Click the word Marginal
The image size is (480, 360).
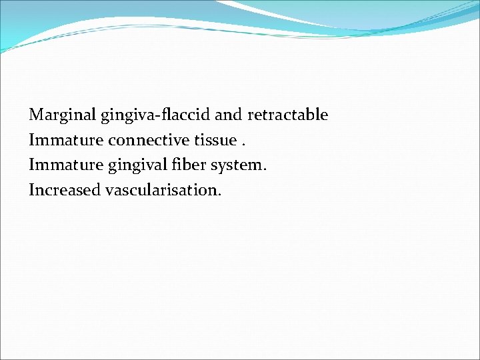point(63,115)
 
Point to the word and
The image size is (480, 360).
point(229,115)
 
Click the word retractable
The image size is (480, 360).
point(288,115)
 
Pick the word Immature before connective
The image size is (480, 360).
point(66,140)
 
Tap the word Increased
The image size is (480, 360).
point(65,190)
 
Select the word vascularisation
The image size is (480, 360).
point(161,190)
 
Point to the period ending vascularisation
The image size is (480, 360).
point(219,195)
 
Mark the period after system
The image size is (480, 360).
point(265,169)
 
